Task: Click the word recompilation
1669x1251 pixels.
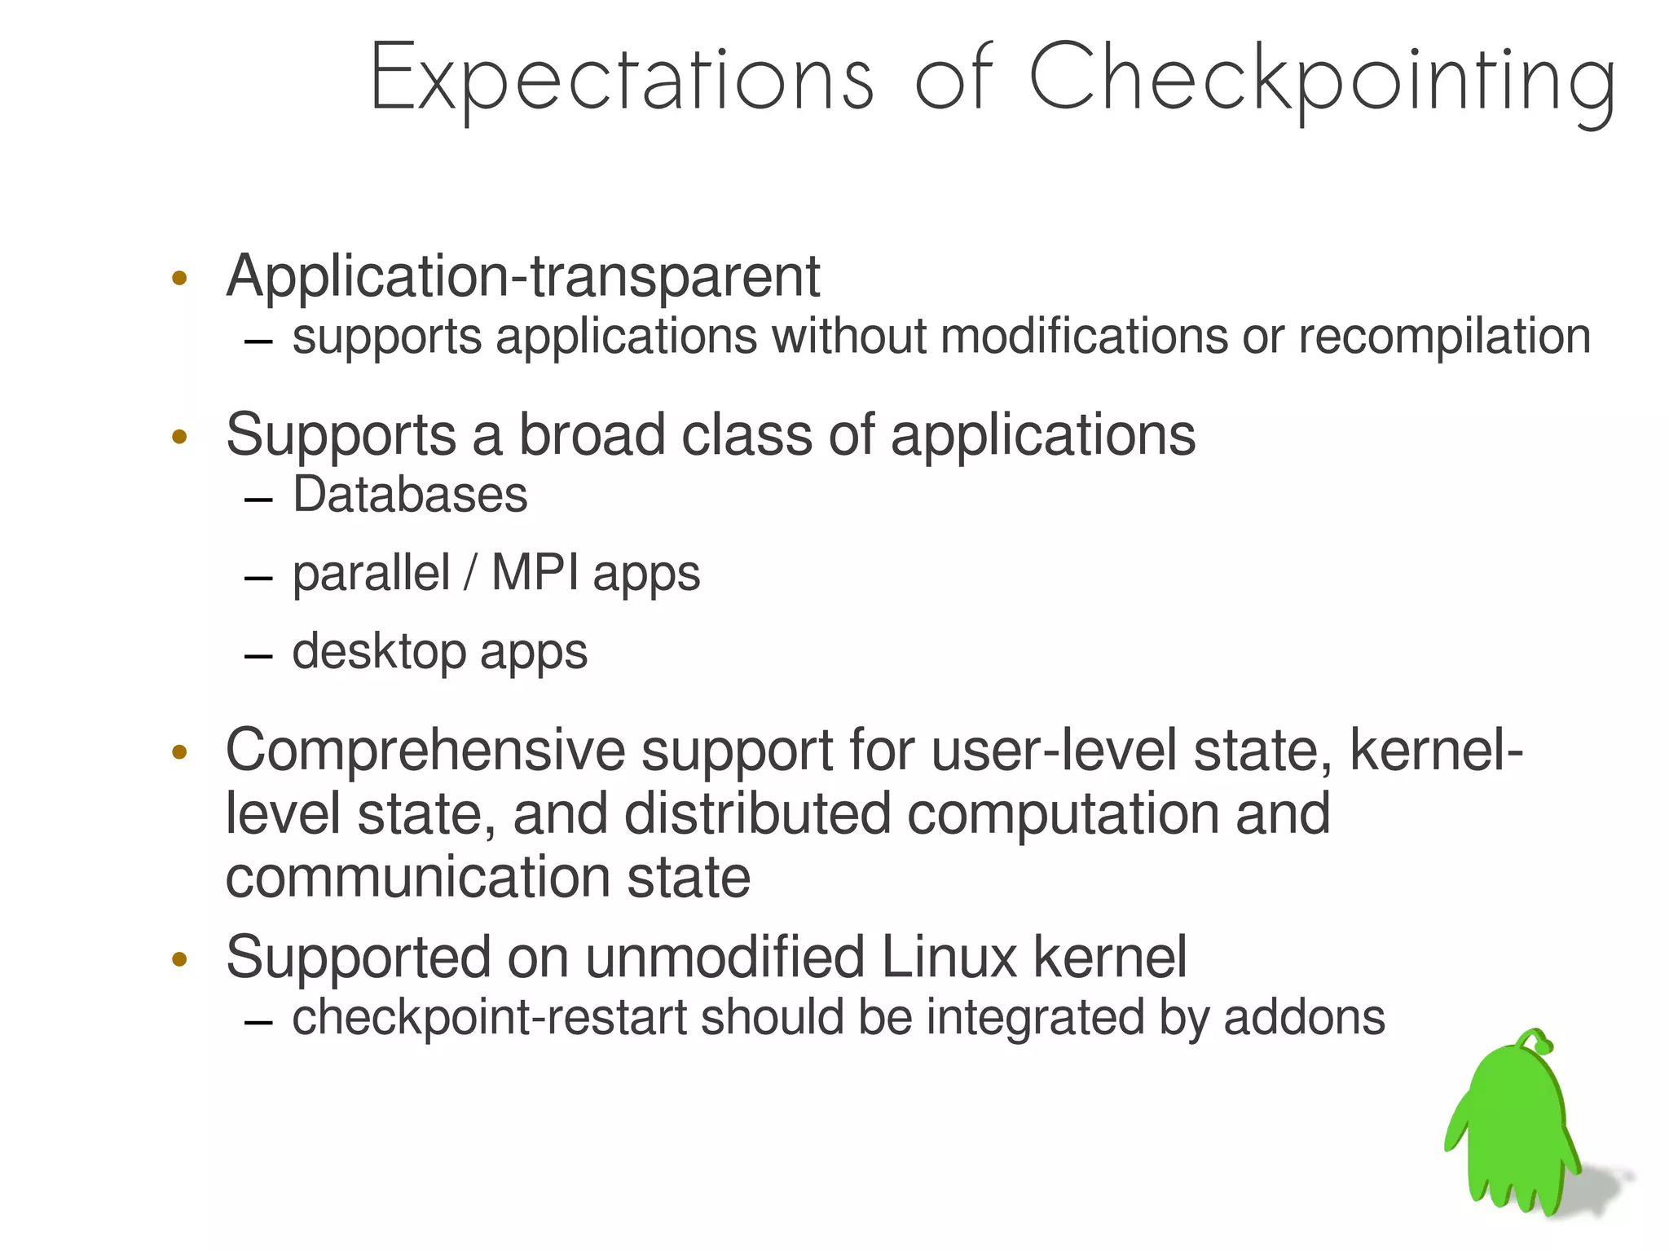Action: (1444, 337)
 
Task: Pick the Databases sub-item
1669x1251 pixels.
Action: (410, 495)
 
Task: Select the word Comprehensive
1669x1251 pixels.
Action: (425, 751)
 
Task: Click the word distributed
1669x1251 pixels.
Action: (757, 814)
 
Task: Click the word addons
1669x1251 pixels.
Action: (1304, 1018)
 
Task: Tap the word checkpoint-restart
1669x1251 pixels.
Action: (490, 1018)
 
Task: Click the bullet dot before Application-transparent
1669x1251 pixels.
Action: (180, 279)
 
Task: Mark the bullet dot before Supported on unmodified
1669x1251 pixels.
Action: (180, 959)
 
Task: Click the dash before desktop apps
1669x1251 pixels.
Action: (258, 655)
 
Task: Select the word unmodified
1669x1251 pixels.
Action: (724, 958)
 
